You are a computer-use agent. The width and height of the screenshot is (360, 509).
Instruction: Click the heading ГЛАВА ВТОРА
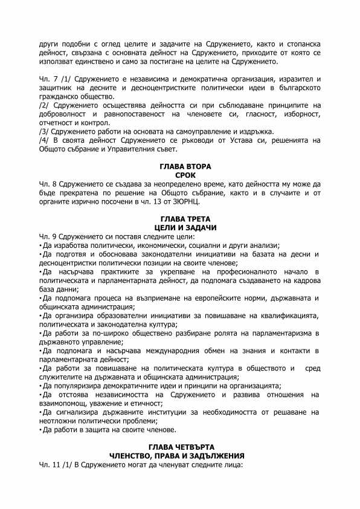click(x=179, y=166)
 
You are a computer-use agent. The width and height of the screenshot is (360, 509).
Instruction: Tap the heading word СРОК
click(x=179, y=174)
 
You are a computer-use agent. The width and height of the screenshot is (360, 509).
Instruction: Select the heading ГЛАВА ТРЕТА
click(x=179, y=218)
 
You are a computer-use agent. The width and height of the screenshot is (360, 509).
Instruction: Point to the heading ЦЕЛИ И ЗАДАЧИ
click(x=179, y=227)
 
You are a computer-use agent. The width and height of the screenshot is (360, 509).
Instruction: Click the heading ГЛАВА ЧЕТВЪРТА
click(x=179, y=447)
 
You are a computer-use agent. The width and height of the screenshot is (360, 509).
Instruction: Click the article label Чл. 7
click(x=47, y=80)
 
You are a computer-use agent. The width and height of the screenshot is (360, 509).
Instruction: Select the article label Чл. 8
click(x=47, y=183)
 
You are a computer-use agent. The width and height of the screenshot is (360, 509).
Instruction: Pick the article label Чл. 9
click(x=47, y=236)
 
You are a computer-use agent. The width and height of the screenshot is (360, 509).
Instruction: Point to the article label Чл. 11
click(x=48, y=465)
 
